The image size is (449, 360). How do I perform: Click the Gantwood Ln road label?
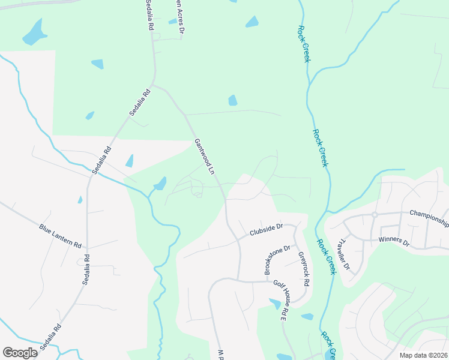pyautogui.click(x=204, y=157)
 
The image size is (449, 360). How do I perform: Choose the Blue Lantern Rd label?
pyautogui.click(x=60, y=236)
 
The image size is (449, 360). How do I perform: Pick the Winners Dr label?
pyautogui.click(x=393, y=242)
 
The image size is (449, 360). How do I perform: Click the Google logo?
pyautogui.click(x=20, y=352)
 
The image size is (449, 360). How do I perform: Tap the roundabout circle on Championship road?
pyautogui.click(x=374, y=214)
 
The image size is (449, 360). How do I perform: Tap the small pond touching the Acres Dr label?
pyautogui.click(x=173, y=22)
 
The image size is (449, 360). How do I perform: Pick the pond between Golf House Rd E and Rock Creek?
pyautogui.click(x=307, y=316)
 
